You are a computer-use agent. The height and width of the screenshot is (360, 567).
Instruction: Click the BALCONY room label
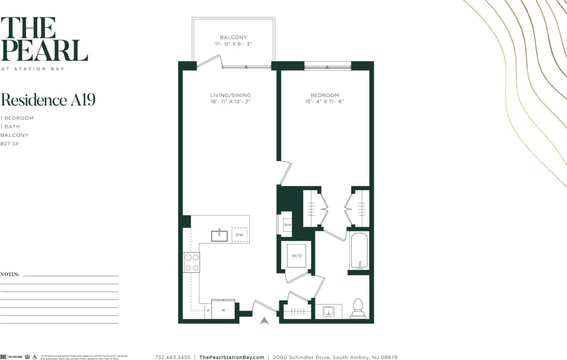(233, 37)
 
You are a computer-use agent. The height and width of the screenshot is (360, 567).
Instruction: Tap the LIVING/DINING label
(230, 95)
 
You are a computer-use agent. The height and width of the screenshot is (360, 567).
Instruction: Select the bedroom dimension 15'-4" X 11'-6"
(324, 101)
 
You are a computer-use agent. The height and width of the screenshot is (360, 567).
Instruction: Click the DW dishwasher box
(239, 235)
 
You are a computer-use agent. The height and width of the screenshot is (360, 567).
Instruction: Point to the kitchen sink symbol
(219, 236)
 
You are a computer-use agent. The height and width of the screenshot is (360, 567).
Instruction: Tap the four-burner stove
(192, 262)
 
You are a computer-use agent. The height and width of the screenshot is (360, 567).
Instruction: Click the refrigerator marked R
(223, 310)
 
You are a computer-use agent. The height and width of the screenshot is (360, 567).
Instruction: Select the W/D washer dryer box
(297, 256)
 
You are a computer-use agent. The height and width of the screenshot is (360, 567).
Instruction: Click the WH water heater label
(287, 225)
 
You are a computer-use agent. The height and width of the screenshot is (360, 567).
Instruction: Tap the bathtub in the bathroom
(359, 251)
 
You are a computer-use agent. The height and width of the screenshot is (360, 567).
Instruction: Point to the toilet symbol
(358, 308)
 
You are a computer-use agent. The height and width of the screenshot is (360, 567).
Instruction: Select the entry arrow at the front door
(264, 320)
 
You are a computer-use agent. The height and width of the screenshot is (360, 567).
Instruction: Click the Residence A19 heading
(48, 100)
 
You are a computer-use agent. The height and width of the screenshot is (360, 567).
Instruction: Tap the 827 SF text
(10, 144)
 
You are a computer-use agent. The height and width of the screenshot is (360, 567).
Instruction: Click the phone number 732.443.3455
(173, 357)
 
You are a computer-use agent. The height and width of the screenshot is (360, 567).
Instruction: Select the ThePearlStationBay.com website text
(232, 357)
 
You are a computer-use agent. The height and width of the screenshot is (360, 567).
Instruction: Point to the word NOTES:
(10, 275)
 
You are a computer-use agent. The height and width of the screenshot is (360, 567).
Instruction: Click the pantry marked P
(208, 310)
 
